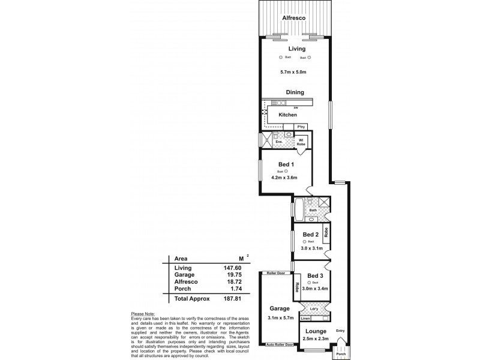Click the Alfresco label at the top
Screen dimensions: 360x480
295,19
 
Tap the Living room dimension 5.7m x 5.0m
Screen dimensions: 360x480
293,73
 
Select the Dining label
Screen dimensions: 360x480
295,92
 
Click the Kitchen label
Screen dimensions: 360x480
287,114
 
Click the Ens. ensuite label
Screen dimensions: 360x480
279,143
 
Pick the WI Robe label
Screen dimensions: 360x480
301,143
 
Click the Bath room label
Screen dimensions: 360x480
313,211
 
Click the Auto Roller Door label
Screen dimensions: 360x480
280,345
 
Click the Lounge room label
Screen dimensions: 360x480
316,331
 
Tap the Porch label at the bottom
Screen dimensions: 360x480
341,354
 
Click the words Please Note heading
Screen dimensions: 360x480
142,314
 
